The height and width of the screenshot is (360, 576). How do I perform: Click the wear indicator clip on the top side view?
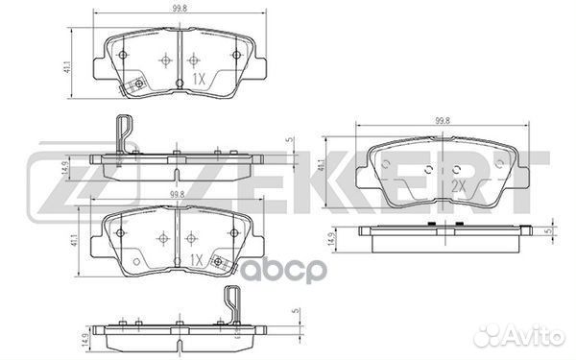pos(122,134)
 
